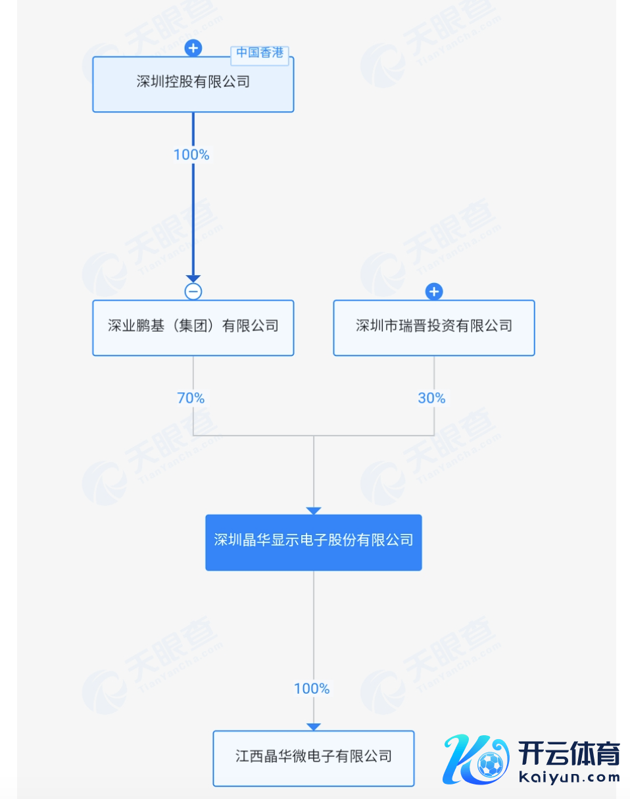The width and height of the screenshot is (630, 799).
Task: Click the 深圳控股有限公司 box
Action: click(193, 84)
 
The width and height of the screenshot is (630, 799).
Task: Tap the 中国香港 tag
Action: click(260, 53)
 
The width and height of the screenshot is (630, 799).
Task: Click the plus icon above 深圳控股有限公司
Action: click(193, 48)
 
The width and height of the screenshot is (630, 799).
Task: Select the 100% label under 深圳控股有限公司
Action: click(191, 155)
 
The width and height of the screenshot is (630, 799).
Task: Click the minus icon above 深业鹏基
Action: click(193, 292)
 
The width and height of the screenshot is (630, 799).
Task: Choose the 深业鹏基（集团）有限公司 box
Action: click(193, 328)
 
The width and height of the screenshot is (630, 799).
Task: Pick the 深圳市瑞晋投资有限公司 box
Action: click(433, 328)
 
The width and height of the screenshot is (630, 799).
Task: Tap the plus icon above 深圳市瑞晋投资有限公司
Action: click(433, 292)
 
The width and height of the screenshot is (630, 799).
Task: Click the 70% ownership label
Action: click(191, 398)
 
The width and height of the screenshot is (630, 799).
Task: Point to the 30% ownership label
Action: click(431, 398)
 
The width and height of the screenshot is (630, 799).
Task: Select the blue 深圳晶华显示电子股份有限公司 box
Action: click(313, 542)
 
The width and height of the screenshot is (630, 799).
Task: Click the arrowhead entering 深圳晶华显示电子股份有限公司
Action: click(314, 511)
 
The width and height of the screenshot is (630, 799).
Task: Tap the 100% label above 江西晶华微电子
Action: click(312, 688)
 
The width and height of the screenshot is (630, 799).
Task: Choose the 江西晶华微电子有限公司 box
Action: click(313, 758)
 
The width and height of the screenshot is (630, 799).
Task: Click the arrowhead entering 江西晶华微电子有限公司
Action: click(314, 726)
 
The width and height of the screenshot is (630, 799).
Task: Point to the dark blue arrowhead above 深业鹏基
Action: click(193, 279)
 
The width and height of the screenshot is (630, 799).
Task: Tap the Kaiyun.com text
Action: click(569, 778)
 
